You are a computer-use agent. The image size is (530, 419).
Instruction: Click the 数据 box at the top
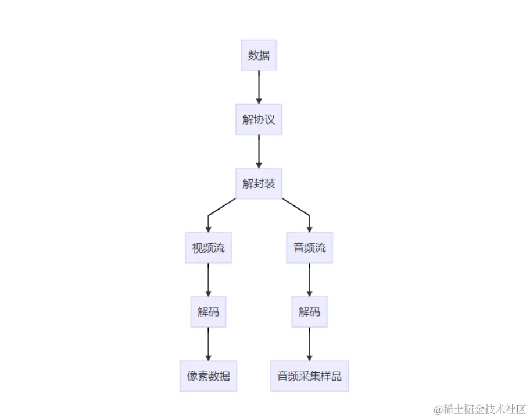click(259, 55)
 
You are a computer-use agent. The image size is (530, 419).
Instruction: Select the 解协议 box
click(259, 119)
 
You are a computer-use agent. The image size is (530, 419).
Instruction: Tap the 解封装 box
click(259, 183)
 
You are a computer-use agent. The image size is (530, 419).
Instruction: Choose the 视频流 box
click(208, 247)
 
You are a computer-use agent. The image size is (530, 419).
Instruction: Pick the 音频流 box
click(309, 247)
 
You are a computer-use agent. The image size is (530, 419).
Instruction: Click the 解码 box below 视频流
click(208, 311)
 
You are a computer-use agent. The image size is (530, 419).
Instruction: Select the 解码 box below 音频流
click(309, 311)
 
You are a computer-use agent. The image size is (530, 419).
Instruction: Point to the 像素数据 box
click(208, 375)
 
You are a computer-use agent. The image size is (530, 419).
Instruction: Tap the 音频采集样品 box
click(309, 375)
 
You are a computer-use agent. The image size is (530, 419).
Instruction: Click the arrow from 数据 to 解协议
click(259, 87)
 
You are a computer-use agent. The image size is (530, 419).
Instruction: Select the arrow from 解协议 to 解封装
click(259, 151)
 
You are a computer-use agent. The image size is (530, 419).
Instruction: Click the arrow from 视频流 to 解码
click(208, 279)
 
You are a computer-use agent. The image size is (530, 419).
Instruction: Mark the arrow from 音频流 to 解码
click(309, 279)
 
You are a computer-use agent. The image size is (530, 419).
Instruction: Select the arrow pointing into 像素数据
click(208, 343)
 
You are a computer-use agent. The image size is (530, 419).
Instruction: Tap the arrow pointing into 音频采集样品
click(309, 343)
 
